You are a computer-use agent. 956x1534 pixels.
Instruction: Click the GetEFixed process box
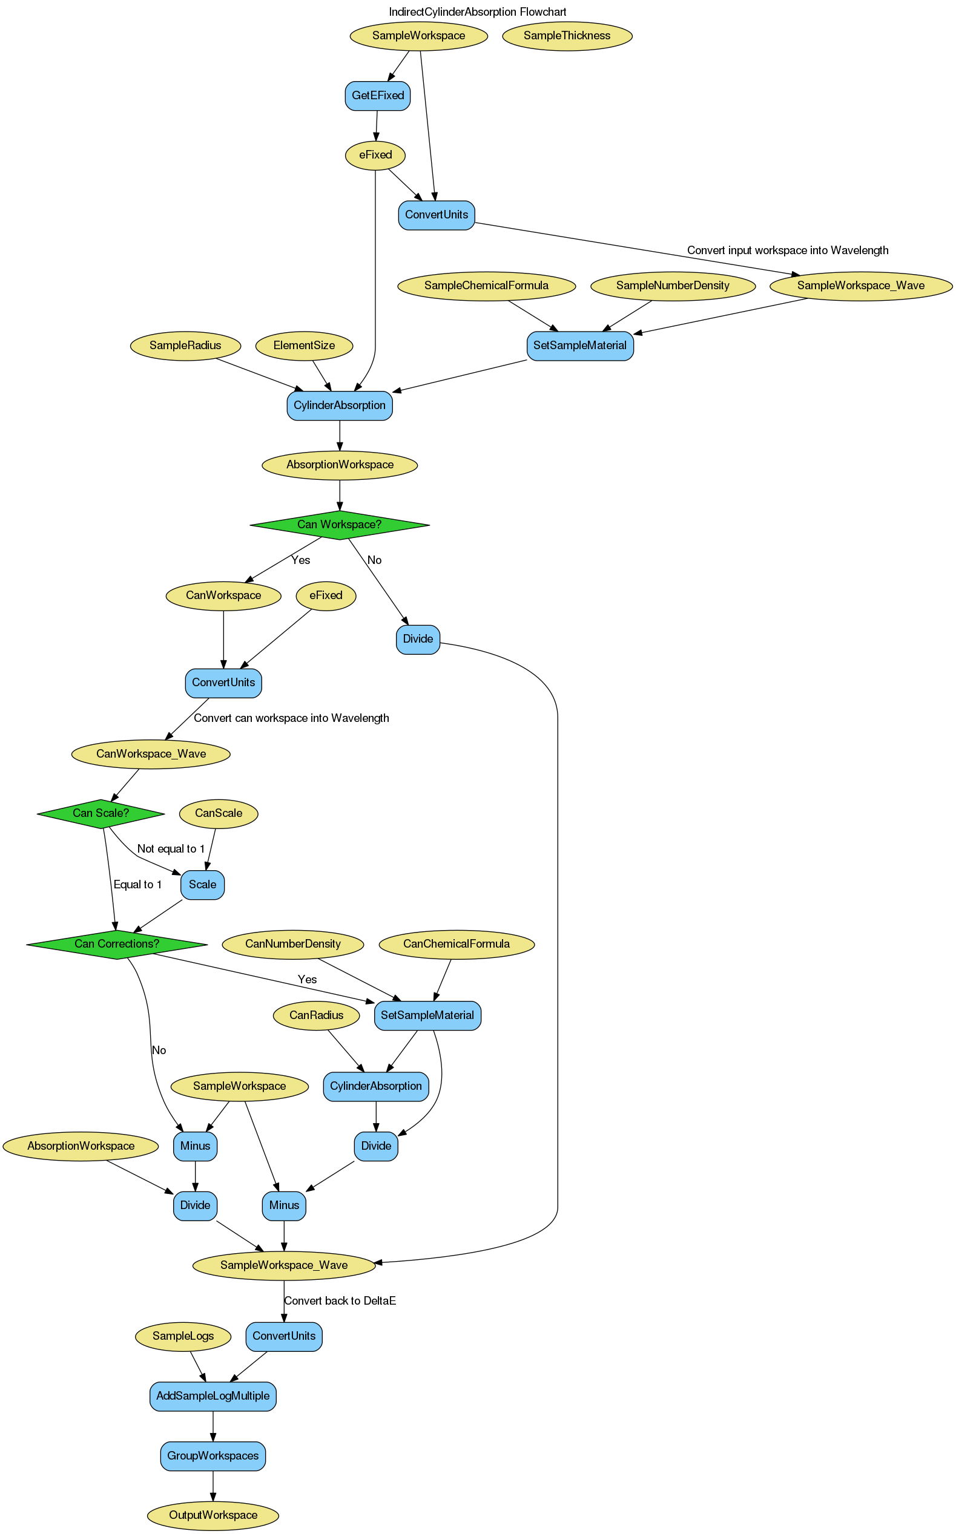click(377, 96)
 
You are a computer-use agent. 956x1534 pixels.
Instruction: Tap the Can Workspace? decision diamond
click(340, 525)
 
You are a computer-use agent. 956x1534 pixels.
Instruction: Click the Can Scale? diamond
click(101, 813)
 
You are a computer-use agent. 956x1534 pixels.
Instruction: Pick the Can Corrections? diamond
click(116, 944)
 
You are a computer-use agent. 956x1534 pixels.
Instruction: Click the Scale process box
click(202, 885)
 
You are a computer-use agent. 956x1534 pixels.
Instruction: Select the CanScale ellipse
click(219, 813)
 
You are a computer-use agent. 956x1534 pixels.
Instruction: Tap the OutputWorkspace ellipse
click(213, 1515)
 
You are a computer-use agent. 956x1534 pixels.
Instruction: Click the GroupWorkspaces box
click(213, 1456)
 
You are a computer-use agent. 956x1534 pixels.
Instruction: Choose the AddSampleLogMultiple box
click(213, 1395)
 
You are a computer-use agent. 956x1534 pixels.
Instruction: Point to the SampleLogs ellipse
click(183, 1336)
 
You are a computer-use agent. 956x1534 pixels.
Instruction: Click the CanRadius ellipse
click(316, 1015)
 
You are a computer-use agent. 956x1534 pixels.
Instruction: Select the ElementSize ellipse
click(304, 346)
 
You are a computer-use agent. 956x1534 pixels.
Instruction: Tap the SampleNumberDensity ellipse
click(673, 286)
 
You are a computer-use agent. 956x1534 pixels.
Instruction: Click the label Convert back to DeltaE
click(340, 1301)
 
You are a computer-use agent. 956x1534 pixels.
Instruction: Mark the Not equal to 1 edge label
click(171, 849)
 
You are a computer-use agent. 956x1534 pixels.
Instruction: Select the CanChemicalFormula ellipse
click(457, 944)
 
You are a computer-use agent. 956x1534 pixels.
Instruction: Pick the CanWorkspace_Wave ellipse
click(151, 754)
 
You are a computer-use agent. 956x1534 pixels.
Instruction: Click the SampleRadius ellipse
click(185, 346)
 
